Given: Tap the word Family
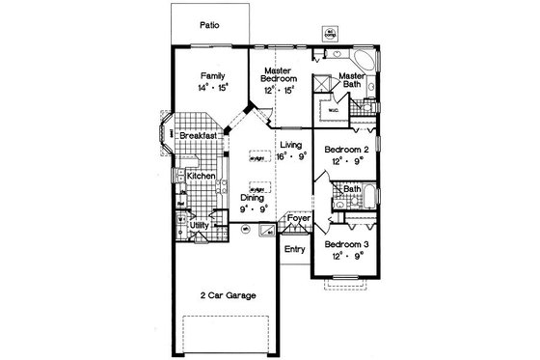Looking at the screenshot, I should point(213,73).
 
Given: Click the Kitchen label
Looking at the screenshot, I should point(201,177).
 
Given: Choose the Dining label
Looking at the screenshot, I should point(254,197).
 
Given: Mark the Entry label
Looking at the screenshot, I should point(294,249).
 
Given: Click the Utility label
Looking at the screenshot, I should point(200,225).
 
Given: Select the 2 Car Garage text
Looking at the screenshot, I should point(228,295).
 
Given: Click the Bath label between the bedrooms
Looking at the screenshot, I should point(352,189).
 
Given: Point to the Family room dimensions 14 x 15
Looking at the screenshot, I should point(213,87).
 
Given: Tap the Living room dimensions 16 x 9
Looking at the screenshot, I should point(290,155).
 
